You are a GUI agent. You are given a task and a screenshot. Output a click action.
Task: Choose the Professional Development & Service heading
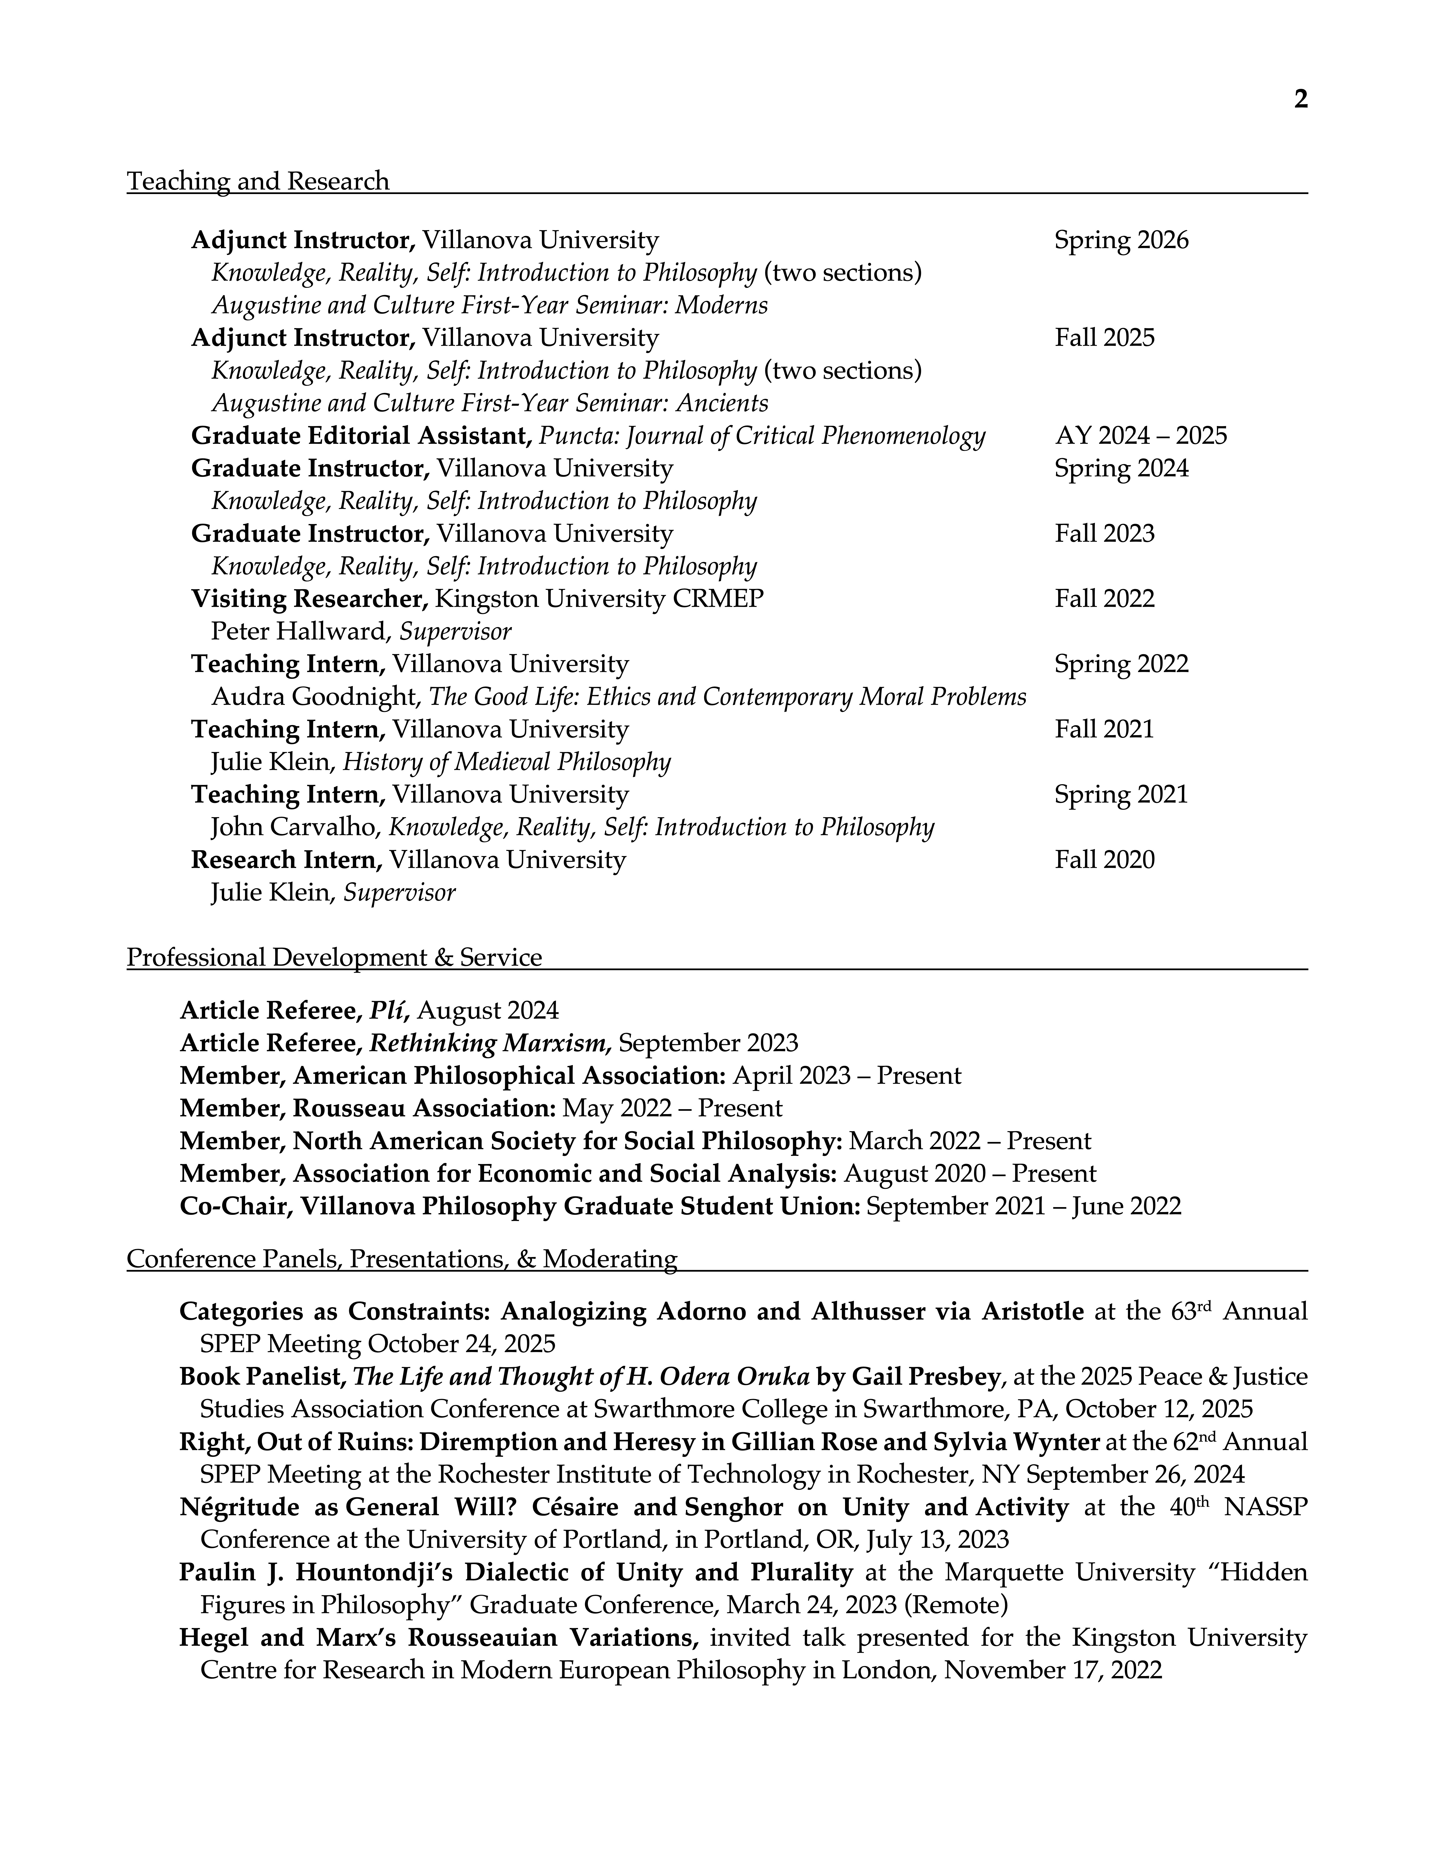point(334,958)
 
